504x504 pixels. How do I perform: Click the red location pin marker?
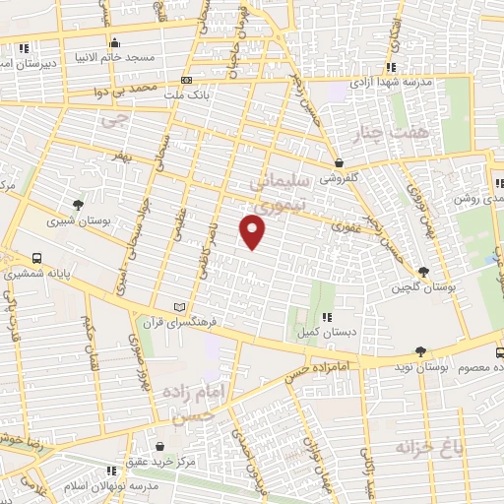(x=253, y=231)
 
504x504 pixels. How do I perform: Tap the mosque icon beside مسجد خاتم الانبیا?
(x=116, y=42)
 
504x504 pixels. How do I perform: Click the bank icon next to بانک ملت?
(x=186, y=80)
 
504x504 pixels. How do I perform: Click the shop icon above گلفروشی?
(x=340, y=163)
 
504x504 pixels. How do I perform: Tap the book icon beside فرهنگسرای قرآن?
(x=178, y=306)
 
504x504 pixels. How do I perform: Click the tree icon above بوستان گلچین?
(x=423, y=272)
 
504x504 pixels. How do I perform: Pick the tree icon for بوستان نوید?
(x=421, y=351)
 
